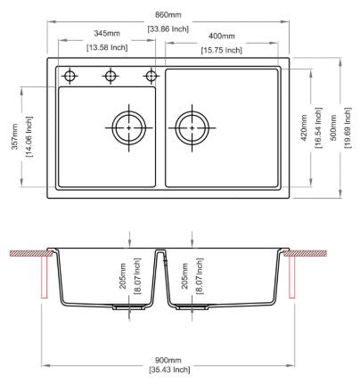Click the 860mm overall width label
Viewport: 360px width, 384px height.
click(x=168, y=14)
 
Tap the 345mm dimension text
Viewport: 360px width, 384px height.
click(x=107, y=33)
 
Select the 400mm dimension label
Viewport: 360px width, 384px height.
click(x=222, y=36)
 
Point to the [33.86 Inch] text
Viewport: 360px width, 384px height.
click(x=168, y=29)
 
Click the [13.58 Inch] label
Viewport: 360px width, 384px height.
click(x=107, y=47)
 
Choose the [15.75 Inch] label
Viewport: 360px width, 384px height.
click(x=222, y=50)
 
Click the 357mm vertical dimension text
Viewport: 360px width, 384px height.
click(x=15, y=136)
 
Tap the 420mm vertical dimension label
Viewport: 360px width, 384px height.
click(x=304, y=128)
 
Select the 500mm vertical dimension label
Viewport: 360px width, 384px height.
click(x=333, y=128)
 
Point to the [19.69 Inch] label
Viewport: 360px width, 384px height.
click(x=348, y=128)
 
